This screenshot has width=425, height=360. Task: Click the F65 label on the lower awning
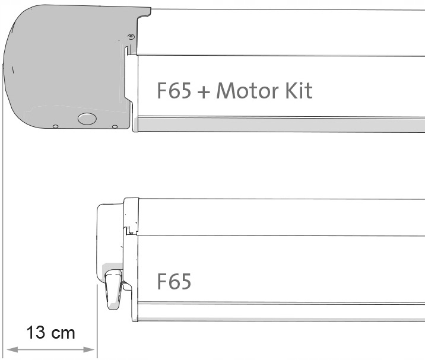pyautogui.click(x=174, y=281)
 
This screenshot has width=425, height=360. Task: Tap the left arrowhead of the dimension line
pyautogui.click(x=8, y=349)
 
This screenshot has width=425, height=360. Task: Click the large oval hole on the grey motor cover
pyautogui.click(x=87, y=119)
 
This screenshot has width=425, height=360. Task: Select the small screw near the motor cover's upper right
pyautogui.click(x=131, y=38)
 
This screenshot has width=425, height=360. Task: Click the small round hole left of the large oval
pyautogui.click(x=55, y=126)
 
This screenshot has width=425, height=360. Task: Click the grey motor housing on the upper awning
pyautogui.click(x=65, y=65)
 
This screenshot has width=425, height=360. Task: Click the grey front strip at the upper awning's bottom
pyautogui.click(x=279, y=125)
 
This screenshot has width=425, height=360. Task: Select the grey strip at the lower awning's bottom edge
pyautogui.click(x=279, y=315)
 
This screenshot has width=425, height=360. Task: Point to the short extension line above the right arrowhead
pyautogui.click(x=96, y=314)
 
